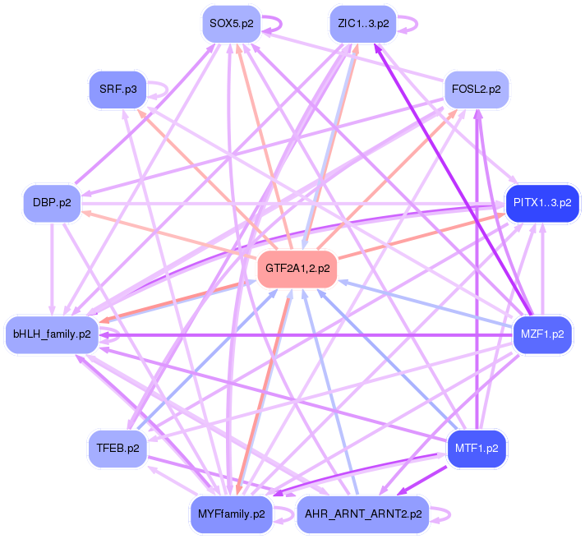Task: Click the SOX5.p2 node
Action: pos(231,23)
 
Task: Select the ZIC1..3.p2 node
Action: pos(362,23)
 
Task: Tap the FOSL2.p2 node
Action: pos(476,89)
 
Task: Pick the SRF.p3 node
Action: pos(118,89)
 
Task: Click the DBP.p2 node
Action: pos(53,202)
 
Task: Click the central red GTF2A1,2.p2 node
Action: pos(297,269)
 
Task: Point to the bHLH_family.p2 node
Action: pos(52,334)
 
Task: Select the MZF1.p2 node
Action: pos(542,334)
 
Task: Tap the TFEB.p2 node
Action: pos(118,449)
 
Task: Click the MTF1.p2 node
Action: pos(477,449)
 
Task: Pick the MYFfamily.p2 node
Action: pos(231,514)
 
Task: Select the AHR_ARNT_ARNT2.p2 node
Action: pos(362,514)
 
